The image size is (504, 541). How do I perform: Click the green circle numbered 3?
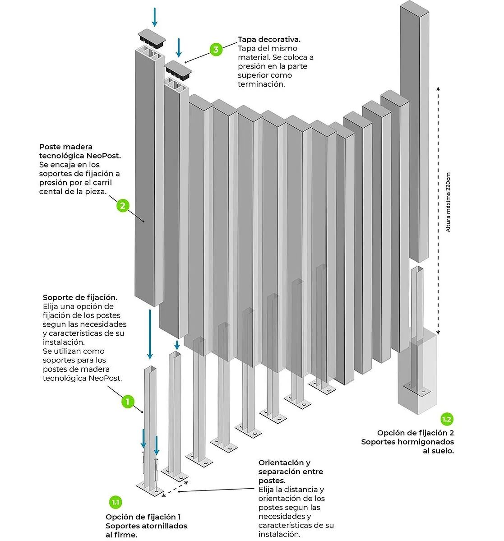click(x=216, y=49)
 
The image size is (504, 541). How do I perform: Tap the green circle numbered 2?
click(x=123, y=206)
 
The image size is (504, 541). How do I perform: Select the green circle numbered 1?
click(x=128, y=401)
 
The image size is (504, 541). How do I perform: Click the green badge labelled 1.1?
click(x=116, y=502)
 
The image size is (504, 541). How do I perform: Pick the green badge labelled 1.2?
click(x=446, y=419)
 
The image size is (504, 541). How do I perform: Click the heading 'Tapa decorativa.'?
click(x=269, y=39)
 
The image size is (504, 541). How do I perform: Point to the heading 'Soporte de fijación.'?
click(x=80, y=297)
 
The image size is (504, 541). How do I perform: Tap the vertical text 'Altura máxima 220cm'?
click(x=448, y=203)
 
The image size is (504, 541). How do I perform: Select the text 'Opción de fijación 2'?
click(x=416, y=433)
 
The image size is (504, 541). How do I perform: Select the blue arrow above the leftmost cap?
click(x=155, y=17)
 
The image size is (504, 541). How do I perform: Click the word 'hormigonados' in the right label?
click(x=425, y=442)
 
